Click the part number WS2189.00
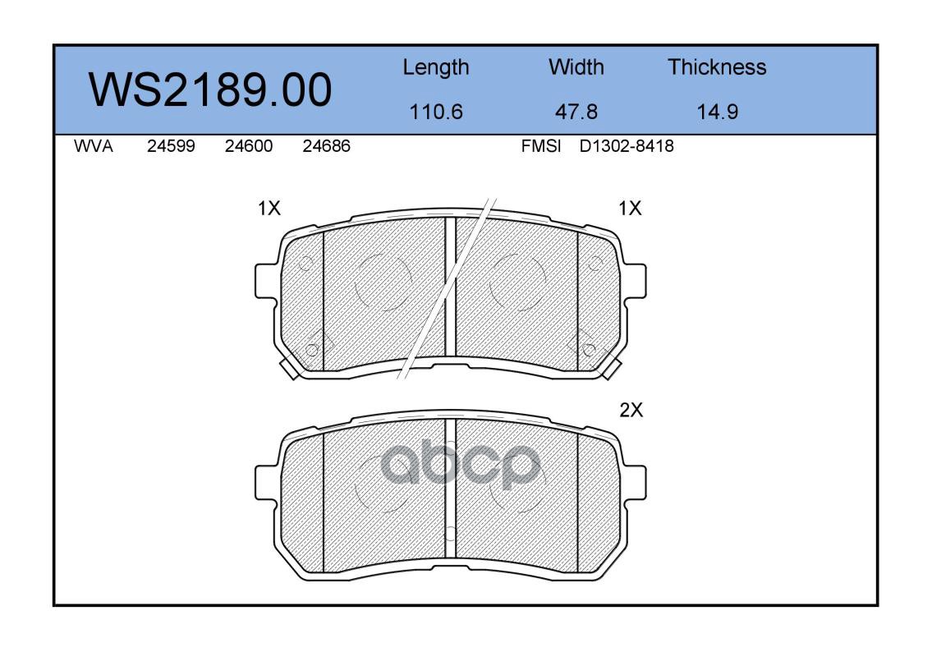click(x=210, y=90)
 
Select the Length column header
click(x=436, y=68)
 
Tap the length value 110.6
click(x=436, y=112)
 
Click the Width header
click(x=576, y=67)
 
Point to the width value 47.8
click(x=576, y=112)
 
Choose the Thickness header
click(x=717, y=67)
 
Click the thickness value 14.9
click(x=718, y=112)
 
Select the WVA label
click(x=94, y=146)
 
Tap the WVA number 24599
click(x=171, y=146)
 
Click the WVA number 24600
click(x=249, y=146)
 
